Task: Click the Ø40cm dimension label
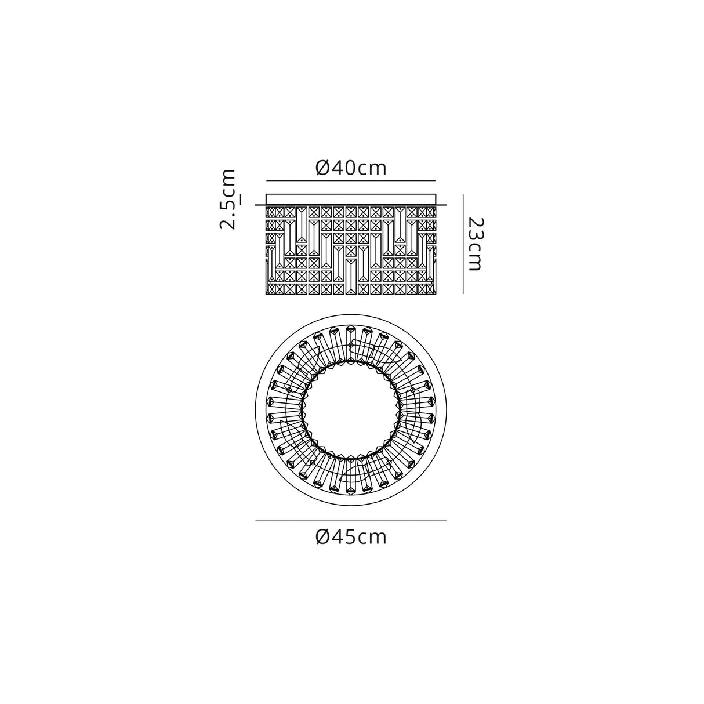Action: tap(351, 168)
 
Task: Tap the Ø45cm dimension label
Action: tap(351, 538)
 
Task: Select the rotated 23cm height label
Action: tap(477, 244)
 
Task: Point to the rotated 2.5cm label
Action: tap(227, 199)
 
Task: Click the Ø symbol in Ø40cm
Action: tap(323, 168)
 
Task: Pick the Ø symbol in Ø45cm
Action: tap(323, 538)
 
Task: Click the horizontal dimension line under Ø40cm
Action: tap(351, 180)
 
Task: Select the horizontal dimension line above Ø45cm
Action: tap(351, 521)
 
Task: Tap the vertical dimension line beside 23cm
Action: tap(463, 244)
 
